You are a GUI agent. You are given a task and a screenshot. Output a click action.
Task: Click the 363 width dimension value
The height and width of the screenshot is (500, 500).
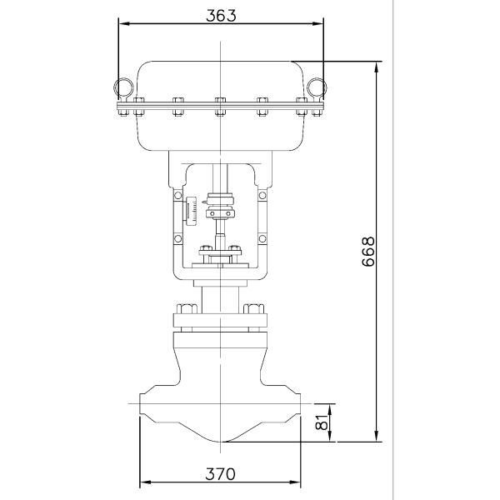click(x=220, y=14)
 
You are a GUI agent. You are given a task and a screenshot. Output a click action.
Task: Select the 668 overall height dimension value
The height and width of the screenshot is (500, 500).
click(x=369, y=251)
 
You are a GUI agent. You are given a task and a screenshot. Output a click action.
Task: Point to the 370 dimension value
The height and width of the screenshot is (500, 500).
click(x=220, y=474)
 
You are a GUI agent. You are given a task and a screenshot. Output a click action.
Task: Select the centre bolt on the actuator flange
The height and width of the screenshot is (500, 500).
click(x=221, y=107)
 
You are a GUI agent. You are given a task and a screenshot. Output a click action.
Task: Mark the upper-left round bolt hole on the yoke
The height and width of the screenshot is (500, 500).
click(x=177, y=196)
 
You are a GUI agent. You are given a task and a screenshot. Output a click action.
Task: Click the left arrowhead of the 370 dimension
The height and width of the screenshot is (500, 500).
click(x=142, y=482)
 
